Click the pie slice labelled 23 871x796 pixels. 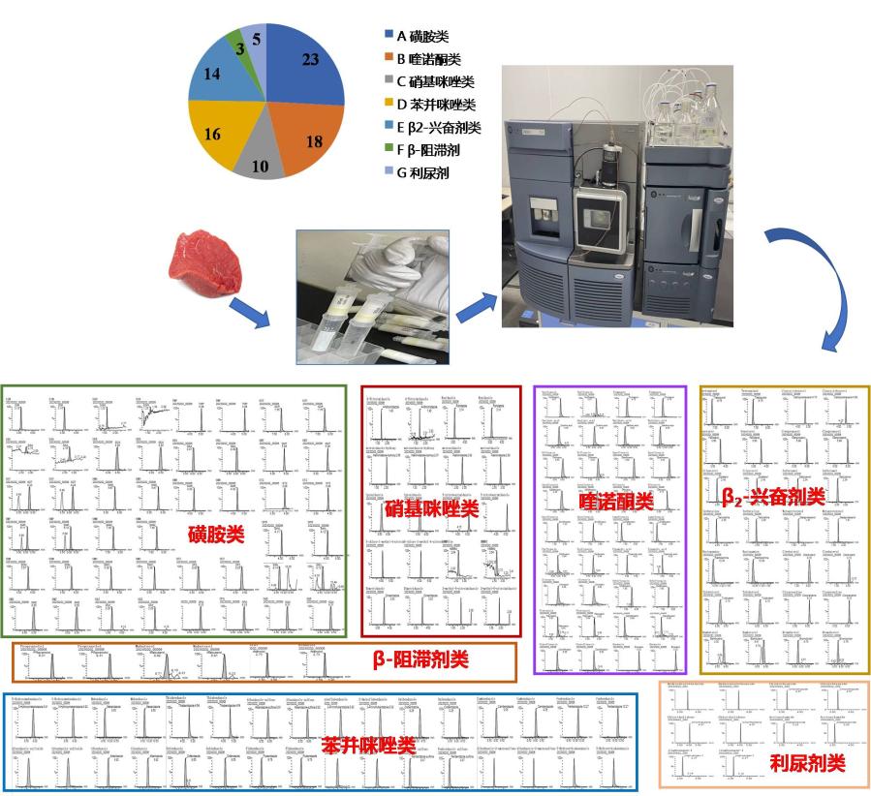(307, 68)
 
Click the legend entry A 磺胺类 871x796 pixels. (418, 35)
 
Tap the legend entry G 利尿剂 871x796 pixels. (422, 174)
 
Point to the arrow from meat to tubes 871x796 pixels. (248, 312)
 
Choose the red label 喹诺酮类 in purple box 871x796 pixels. (611, 500)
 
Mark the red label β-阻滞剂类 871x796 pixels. (420, 659)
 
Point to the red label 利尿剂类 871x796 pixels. (809, 763)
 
